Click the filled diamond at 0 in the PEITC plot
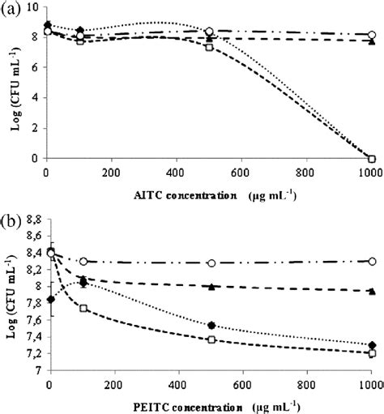[x=50, y=299]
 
